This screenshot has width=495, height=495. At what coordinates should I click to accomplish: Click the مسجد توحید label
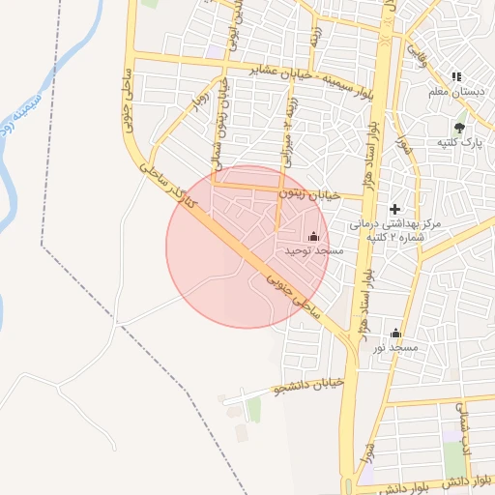pyautogui.click(x=314, y=251)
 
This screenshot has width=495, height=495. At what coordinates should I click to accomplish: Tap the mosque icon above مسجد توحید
pyautogui.click(x=312, y=236)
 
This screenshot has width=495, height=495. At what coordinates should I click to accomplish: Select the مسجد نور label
pyautogui.click(x=396, y=346)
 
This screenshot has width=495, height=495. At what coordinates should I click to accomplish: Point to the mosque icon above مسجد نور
pyautogui.click(x=394, y=332)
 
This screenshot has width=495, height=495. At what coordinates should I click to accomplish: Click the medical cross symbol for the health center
pyautogui.click(x=394, y=209)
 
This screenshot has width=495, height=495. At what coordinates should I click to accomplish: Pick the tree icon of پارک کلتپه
pyautogui.click(x=460, y=127)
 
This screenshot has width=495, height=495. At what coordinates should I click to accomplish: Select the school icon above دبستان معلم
pyautogui.click(x=457, y=76)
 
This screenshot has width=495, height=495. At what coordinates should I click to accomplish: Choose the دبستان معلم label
pyautogui.click(x=457, y=92)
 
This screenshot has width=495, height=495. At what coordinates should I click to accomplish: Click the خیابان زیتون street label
pyautogui.click(x=310, y=194)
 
